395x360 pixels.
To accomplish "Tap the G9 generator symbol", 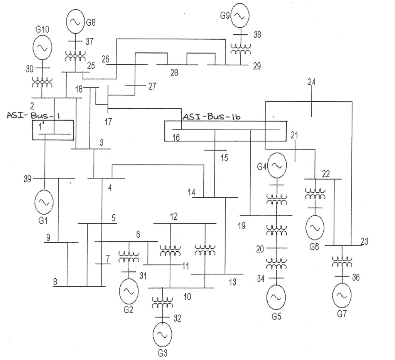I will point(240,15).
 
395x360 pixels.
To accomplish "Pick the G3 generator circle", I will point(162,335).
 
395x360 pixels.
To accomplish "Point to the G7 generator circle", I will point(341,295).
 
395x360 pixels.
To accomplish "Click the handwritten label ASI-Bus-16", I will point(211,116).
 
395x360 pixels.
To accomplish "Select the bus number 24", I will point(311,82).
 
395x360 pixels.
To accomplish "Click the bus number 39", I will point(27,178).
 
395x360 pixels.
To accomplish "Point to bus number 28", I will point(174,73).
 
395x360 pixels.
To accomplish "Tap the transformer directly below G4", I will point(277,199).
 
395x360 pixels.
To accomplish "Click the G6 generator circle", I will point(315,227).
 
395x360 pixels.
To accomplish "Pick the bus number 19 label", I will point(241,226).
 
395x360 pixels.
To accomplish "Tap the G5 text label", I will point(276,317).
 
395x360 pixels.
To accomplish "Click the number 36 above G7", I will point(356,277).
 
